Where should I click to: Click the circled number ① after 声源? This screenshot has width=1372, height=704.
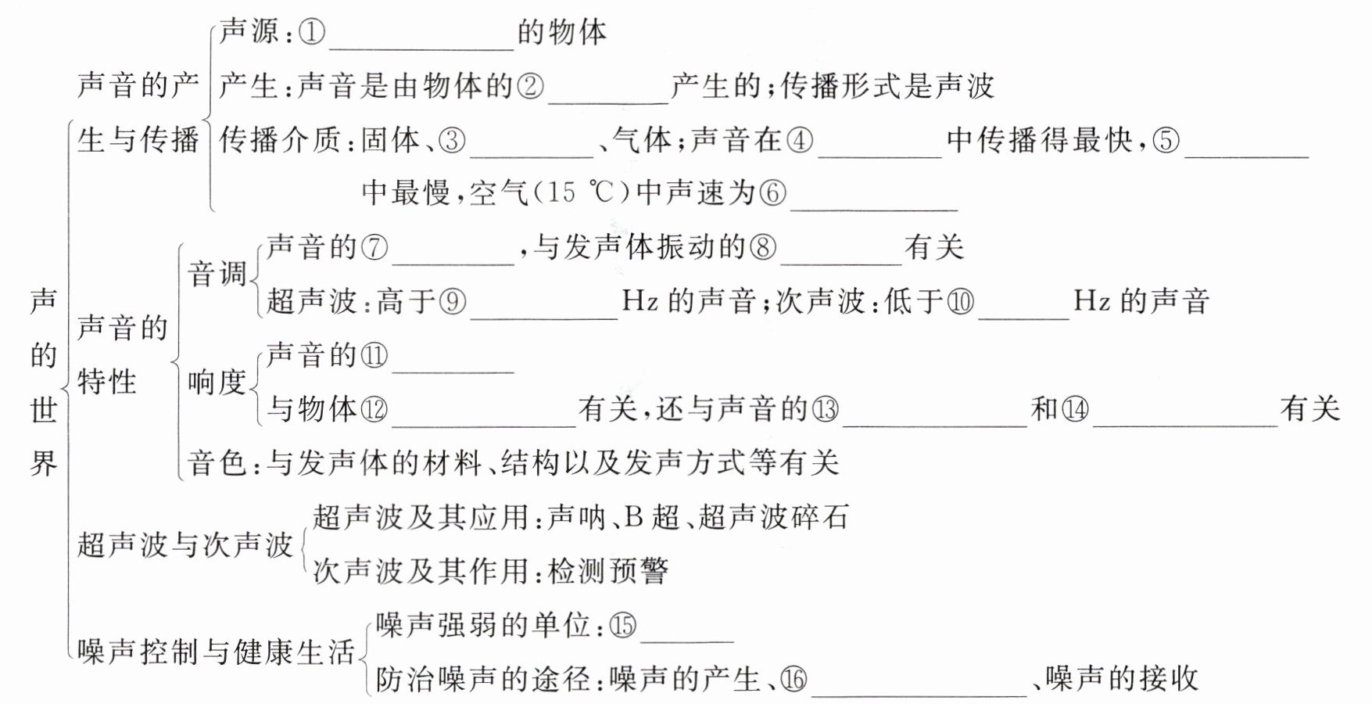pyautogui.click(x=312, y=32)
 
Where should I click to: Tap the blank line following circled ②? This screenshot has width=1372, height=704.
pyautogui.click(x=609, y=88)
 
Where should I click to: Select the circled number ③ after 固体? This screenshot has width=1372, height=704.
pyautogui.click(x=452, y=140)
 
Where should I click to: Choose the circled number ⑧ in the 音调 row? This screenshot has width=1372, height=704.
pyautogui.click(x=763, y=248)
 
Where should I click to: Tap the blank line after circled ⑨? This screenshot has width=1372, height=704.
pyautogui.click(x=543, y=304)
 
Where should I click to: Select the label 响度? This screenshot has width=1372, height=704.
pyautogui.click(x=217, y=382)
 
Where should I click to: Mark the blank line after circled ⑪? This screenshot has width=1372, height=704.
pyautogui.click(x=453, y=358)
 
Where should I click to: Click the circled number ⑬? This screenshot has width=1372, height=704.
pyautogui.click(x=826, y=409)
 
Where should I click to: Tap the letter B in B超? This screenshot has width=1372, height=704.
pyautogui.click(x=634, y=517)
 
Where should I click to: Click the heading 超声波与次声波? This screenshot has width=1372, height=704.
pyautogui.click(x=185, y=544)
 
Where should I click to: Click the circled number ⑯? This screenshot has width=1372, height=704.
pyautogui.click(x=793, y=679)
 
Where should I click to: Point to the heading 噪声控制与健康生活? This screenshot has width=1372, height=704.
pyautogui.click(x=217, y=652)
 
